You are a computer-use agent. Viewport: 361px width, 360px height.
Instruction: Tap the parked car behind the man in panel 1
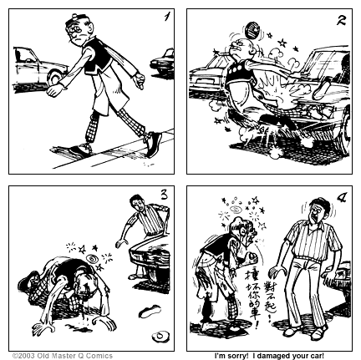click(35, 65)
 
